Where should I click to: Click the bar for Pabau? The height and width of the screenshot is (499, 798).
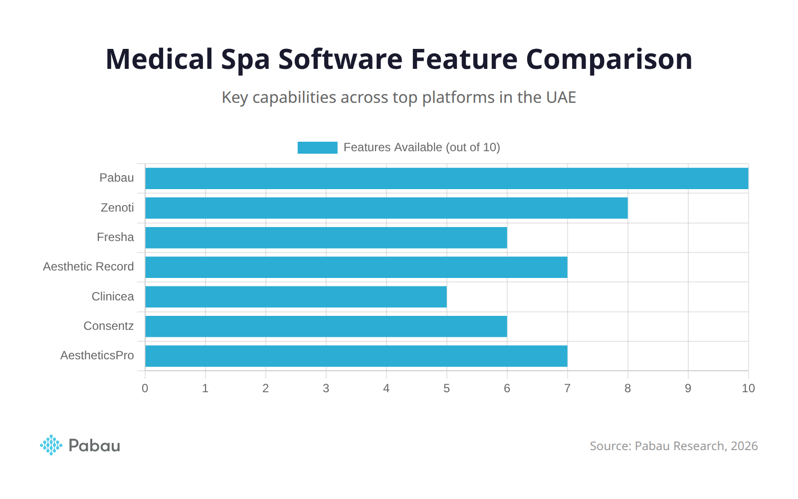[446, 179]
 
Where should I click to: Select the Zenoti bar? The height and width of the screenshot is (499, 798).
[386, 208]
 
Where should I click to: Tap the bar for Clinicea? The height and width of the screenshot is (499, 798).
[296, 297]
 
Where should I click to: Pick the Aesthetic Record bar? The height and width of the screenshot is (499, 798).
[356, 267]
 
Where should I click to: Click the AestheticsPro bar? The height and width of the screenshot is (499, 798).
[356, 356]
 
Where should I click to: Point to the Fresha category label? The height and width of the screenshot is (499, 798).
[115, 237]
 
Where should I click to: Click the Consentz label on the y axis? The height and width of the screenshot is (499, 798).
[108, 326]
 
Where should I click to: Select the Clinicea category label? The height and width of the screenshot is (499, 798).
[113, 296]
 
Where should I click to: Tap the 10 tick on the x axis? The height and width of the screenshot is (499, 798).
[748, 389]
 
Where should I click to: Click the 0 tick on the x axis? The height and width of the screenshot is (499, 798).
[145, 389]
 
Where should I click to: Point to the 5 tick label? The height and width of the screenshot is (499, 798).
[446, 389]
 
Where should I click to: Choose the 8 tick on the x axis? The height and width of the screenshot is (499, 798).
[627, 389]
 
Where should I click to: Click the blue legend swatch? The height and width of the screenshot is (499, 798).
[317, 148]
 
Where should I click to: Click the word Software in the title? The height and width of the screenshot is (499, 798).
[340, 59]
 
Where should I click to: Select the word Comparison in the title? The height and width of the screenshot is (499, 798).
[609, 59]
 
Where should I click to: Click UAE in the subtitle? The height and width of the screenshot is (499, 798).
[561, 97]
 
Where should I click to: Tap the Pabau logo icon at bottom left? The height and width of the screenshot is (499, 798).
[51, 445]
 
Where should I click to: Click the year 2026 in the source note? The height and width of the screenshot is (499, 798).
[744, 446]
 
